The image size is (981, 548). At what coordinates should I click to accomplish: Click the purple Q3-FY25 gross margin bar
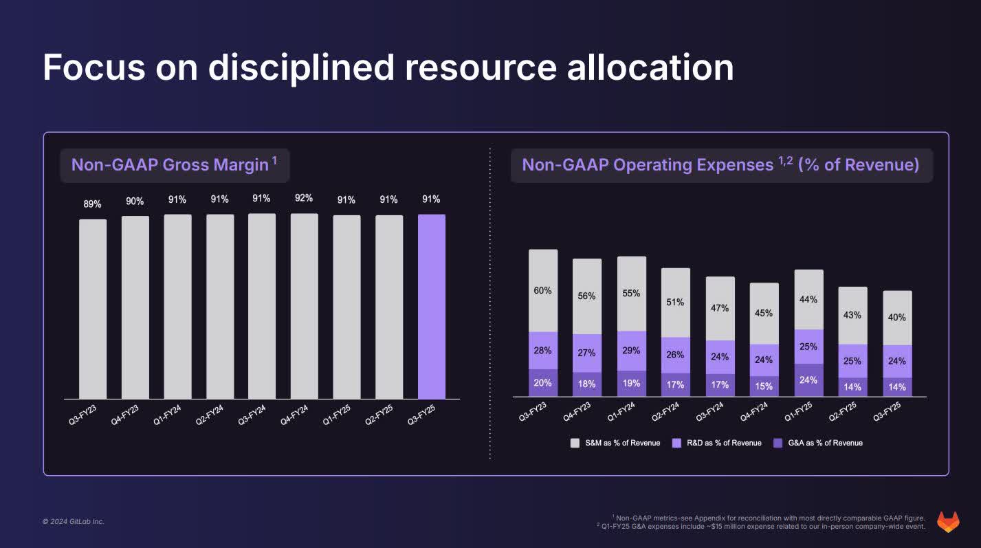(431, 306)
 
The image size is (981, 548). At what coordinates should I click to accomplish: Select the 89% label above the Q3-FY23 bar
(93, 204)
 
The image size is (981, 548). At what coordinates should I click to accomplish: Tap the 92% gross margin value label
(304, 198)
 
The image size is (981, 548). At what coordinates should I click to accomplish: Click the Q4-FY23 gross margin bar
(135, 307)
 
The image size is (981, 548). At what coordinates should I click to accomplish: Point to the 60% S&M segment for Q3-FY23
(542, 291)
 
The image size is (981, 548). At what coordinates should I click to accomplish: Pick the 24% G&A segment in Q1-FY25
(808, 380)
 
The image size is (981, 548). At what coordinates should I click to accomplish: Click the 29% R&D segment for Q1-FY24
(631, 351)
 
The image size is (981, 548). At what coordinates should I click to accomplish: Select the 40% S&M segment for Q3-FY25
(896, 318)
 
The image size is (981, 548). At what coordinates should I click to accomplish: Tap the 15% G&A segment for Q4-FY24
(764, 386)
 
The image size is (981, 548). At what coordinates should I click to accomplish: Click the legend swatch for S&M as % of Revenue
(575, 443)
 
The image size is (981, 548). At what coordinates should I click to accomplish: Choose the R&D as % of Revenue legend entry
(717, 443)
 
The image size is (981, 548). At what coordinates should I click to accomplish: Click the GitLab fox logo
(949, 522)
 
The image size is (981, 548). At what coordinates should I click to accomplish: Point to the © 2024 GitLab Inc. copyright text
(74, 522)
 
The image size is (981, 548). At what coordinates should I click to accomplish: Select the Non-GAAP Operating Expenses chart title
(720, 165)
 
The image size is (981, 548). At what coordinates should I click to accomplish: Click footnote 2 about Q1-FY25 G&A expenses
(762, 527)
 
